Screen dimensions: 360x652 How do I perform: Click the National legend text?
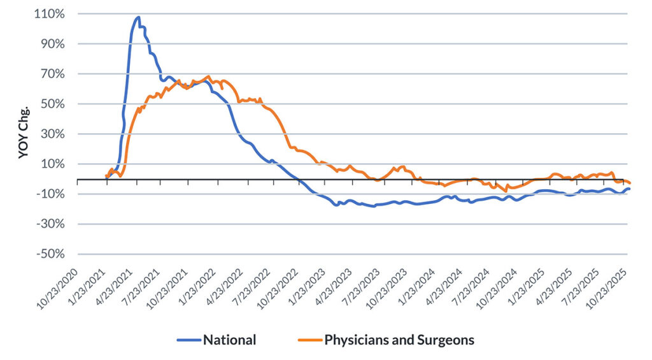[229, 340]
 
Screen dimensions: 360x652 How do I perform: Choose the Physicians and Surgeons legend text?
[399, 340]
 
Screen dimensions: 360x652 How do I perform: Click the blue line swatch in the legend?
[188, 340]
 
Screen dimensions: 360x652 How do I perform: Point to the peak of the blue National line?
[138, 17]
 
